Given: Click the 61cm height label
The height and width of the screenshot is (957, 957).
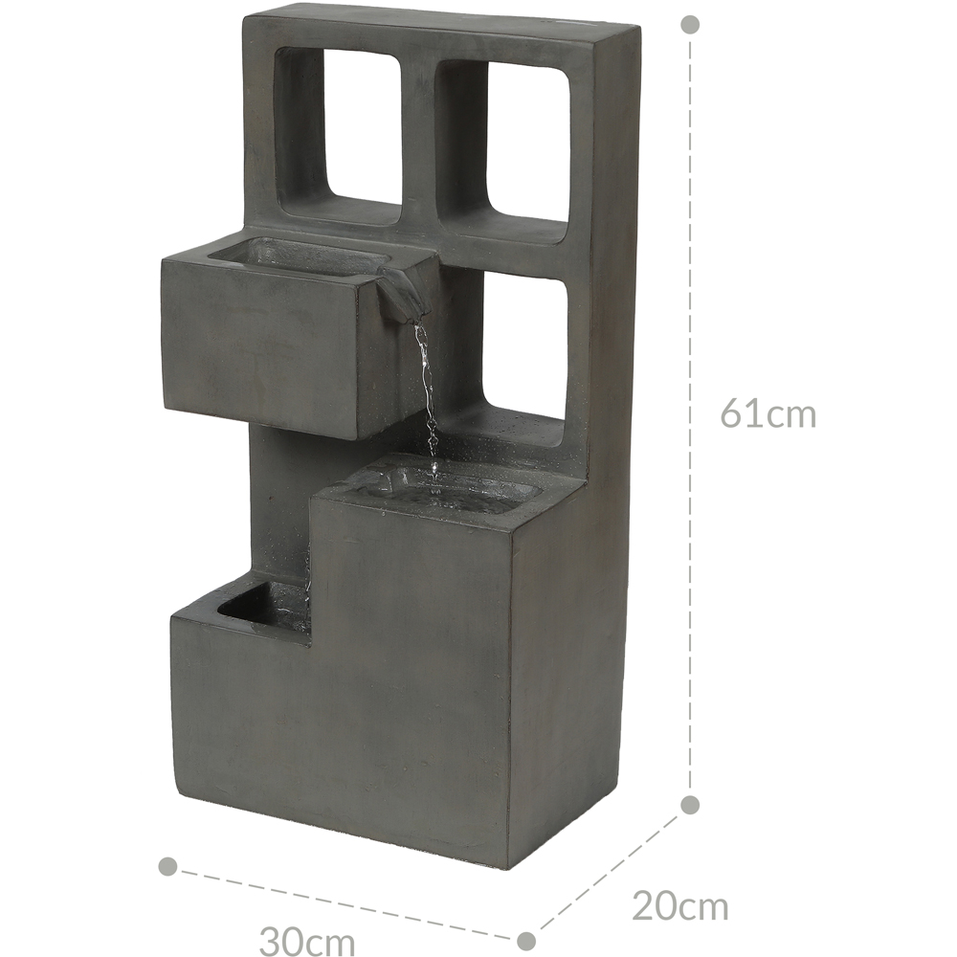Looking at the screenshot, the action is (x=768, y=413).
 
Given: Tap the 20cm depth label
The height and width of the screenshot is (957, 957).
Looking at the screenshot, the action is (x=679, y=905).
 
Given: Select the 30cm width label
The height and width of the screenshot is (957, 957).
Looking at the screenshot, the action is (x=307, y=941).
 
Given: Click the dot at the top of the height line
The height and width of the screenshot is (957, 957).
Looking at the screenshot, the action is (x=690, y=25).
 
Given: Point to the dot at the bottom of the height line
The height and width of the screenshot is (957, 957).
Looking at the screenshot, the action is (x=690, y=805).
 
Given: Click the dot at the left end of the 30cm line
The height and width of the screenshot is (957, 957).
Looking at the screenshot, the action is (x=167, y=866).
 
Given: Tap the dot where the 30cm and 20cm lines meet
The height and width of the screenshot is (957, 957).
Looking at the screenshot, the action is (x=526, y=940).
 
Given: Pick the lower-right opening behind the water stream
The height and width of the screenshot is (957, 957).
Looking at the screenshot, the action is (x=523, y=348).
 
